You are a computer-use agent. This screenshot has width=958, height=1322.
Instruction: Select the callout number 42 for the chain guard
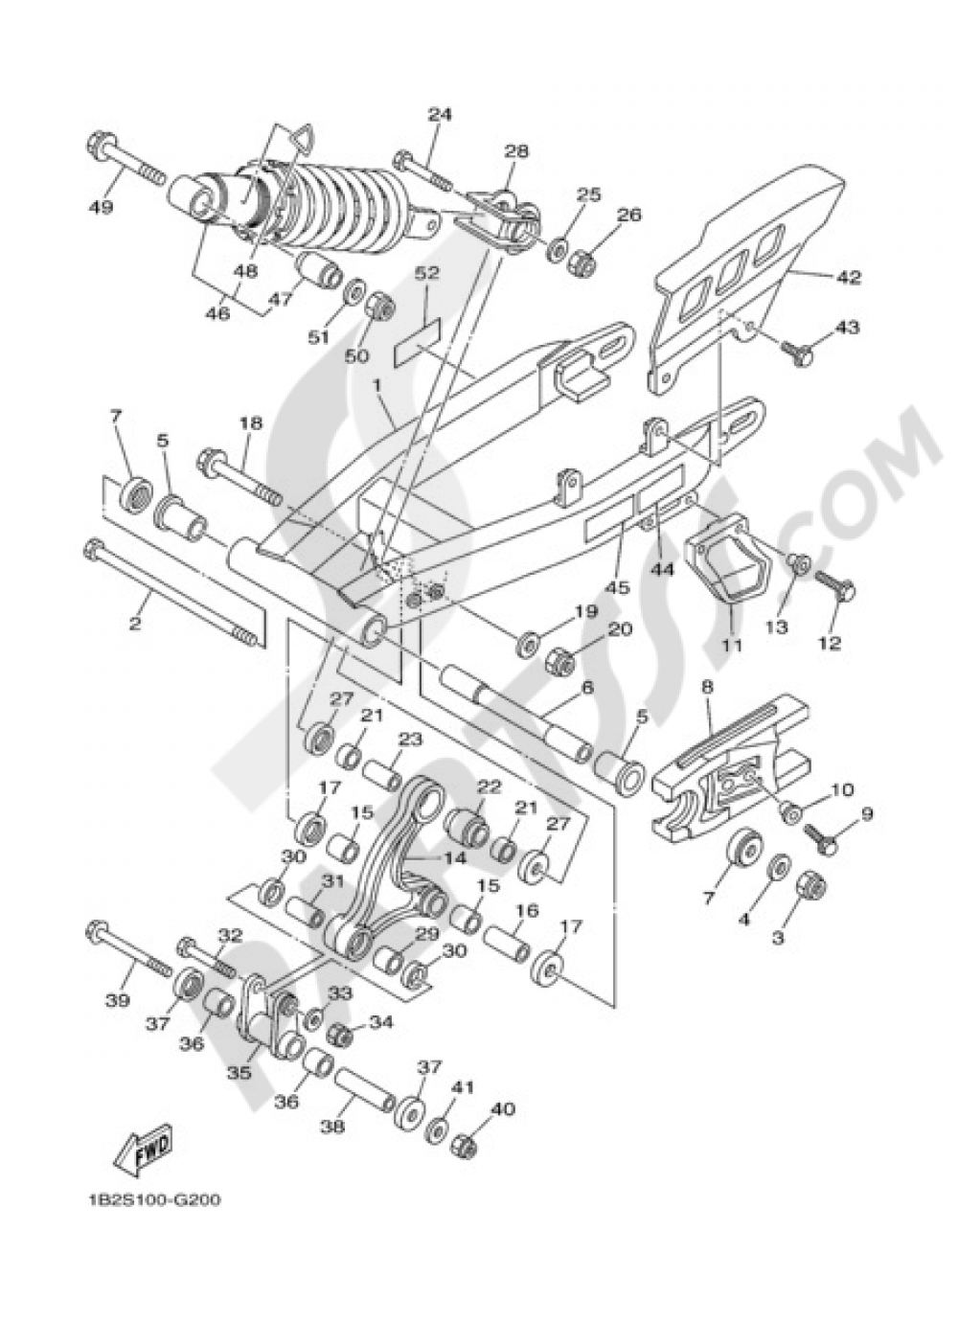coord(847,278)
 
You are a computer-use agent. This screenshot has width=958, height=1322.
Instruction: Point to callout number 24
coord(439,114)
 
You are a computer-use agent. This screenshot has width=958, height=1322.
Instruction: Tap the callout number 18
coord(250,423)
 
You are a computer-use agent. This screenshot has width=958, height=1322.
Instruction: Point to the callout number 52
coord(426,274)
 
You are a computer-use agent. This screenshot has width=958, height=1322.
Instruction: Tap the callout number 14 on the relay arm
coord(454,858)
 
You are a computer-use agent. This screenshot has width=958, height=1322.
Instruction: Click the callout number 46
coord(218,312)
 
